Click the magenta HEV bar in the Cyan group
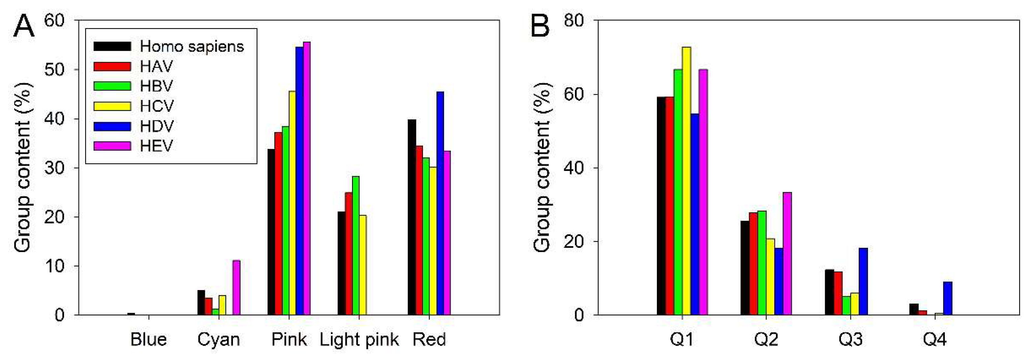[x=236, y=288]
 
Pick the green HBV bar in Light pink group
[x=355, y=246]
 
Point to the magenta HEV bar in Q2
[x=787, y=253]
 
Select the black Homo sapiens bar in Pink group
[x=271, y=232]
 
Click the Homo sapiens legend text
[x=192, y=47]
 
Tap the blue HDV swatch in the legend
[x=112, y=126]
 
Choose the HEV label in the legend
[x=156, y=146]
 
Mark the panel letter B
[x=539, y=27]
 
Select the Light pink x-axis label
[x=359, y=340]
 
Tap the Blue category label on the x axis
[x=148, y=340]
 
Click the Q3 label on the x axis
[x=851, y=340]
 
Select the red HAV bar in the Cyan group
[x=208, y=306]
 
